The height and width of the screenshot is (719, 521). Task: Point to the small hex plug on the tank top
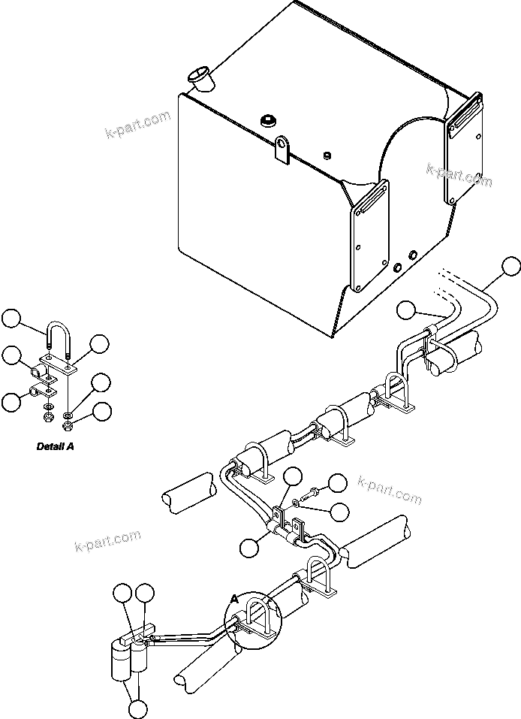pos(327,156)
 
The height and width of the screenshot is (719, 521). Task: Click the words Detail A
pos(56,446)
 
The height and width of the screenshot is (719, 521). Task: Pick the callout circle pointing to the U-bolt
pos(11,319)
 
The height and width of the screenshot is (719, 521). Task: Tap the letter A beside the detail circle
pos(236,599)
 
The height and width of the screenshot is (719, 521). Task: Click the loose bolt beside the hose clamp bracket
pos(310,497)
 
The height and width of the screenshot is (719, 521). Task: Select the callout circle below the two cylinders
pos(137,708)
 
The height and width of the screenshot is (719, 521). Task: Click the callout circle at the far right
pos(510,266)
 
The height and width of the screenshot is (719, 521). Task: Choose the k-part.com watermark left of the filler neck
pos(138,127)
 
